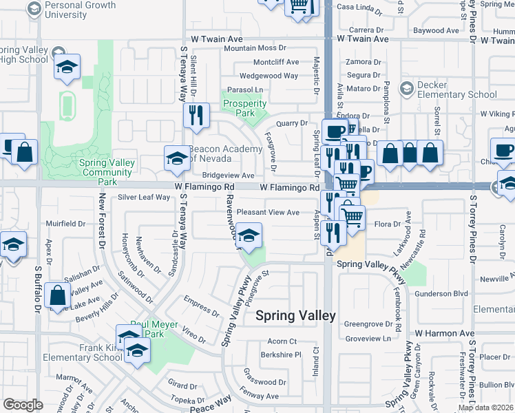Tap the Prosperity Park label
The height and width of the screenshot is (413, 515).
point(244,109)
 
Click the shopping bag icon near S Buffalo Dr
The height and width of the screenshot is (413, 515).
point(58,295)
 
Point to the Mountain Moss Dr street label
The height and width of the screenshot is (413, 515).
point(254,48)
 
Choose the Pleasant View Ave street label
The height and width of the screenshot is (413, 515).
point(268,213)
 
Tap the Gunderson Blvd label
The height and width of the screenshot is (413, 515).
point(444,294)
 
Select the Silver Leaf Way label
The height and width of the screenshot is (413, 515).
point(143,198)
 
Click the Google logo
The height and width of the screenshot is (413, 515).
point(23,405)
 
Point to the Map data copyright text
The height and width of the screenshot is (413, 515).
point(485,407)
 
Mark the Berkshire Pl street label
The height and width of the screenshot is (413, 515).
point(281,355)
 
